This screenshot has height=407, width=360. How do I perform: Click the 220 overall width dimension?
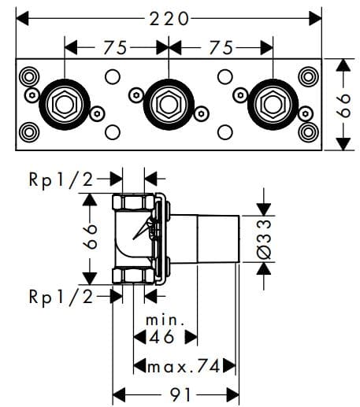pos(169,17)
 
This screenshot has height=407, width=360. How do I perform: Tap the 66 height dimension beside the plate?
pos(343,104)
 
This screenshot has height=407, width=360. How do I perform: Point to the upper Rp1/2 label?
pos(60,179)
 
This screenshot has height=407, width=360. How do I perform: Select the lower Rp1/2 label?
pos(60,297)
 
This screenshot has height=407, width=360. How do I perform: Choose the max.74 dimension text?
pos(184,366)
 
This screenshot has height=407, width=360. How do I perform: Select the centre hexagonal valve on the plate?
pos(169,103)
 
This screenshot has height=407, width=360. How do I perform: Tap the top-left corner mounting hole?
pos(30,77)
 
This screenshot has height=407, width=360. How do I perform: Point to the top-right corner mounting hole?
pos(307,77)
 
